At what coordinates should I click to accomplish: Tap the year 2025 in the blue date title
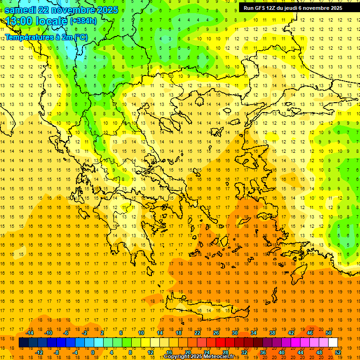pyautogui.click(x=104, y=10)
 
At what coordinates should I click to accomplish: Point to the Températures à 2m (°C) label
pyautogui.click(x=46, y=37)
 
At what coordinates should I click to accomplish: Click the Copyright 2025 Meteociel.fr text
pyautogui.click(x=199, y=357)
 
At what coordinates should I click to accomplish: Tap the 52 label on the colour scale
pyautogui.click(x=338, y=352)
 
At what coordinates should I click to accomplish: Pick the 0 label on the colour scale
pyautogui.click(x=92, y=352)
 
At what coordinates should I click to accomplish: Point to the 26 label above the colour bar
pyautogui.click(x=216, y=333)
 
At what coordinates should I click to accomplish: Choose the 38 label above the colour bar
pyautogui.click(x=272, y=333)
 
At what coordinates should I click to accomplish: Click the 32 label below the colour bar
pyautogui.click(x=244, y=352)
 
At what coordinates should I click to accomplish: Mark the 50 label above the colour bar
pyautogui.click(x=329, y=333)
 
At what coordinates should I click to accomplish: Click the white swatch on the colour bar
pyautogui.click(x=333, y=343)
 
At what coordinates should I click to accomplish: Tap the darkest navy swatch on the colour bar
pyautogui.click(x=24, y=343)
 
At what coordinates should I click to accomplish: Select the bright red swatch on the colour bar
pyautogui.click(x=221, y=343)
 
